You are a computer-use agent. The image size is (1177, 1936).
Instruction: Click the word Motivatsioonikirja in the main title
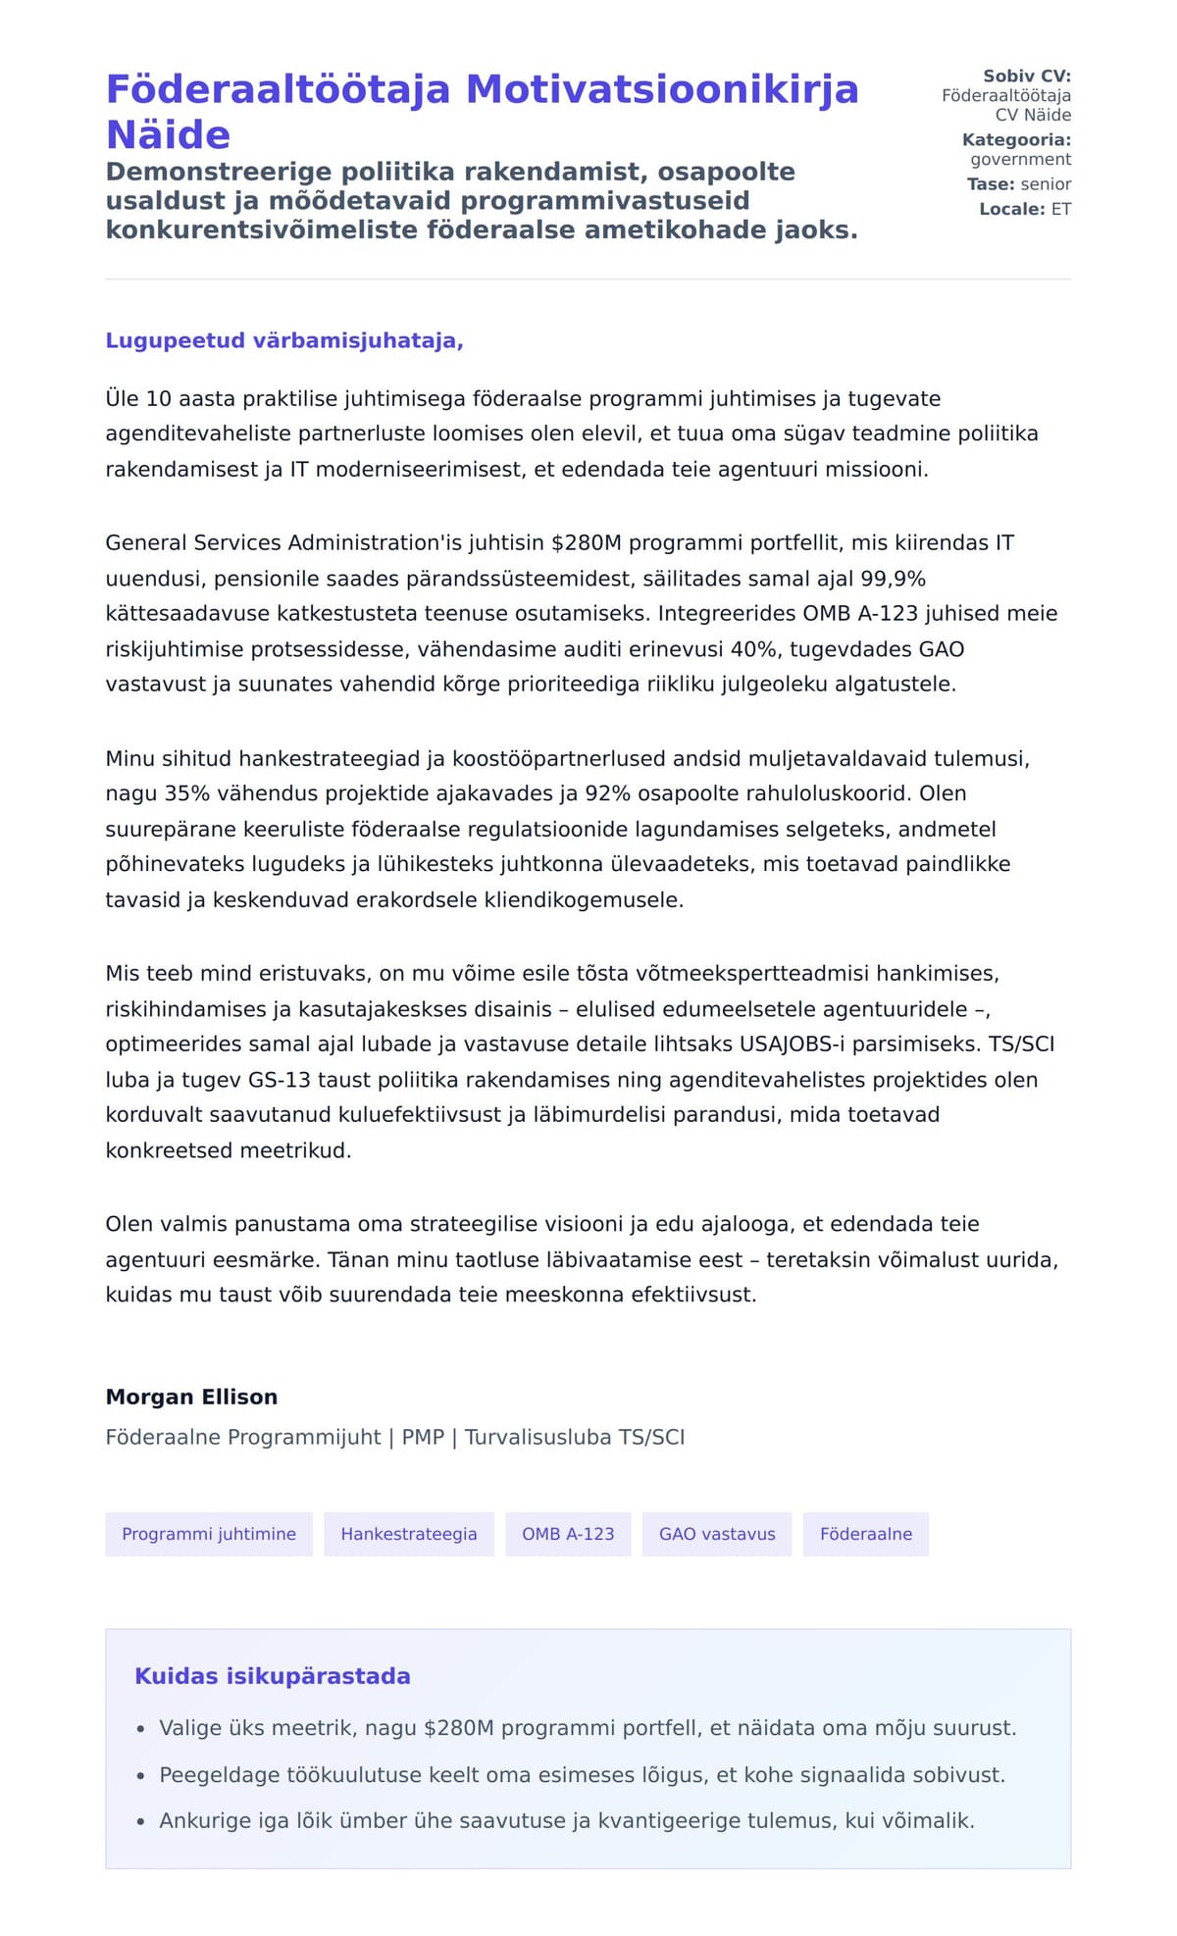point(662,89)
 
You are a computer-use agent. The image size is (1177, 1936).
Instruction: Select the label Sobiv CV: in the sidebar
point(1027,76)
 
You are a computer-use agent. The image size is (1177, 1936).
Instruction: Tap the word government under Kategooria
point(1020,159)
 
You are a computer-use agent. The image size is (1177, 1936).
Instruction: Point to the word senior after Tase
point(1046,183)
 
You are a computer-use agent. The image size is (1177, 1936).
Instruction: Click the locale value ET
point(1061,209)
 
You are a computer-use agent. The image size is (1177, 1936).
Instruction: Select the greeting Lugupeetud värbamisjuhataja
point(284,340)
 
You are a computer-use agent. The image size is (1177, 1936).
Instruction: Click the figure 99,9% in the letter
point(893,579)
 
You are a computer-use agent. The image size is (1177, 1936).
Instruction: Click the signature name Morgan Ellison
point(191,1397)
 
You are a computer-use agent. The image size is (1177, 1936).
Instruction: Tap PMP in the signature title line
point(423,1437)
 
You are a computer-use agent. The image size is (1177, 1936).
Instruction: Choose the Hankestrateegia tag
point(409,1534)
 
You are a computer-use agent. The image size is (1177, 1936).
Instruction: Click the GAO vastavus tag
point(717,1534)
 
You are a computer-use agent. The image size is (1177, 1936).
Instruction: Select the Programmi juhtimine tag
point(209,1534)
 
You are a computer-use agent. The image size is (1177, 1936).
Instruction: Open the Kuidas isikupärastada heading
point(273,1676)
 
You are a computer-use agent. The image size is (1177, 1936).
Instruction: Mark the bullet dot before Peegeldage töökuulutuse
point(141,1776)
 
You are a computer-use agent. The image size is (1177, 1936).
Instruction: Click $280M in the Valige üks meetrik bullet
point(458,1728)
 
